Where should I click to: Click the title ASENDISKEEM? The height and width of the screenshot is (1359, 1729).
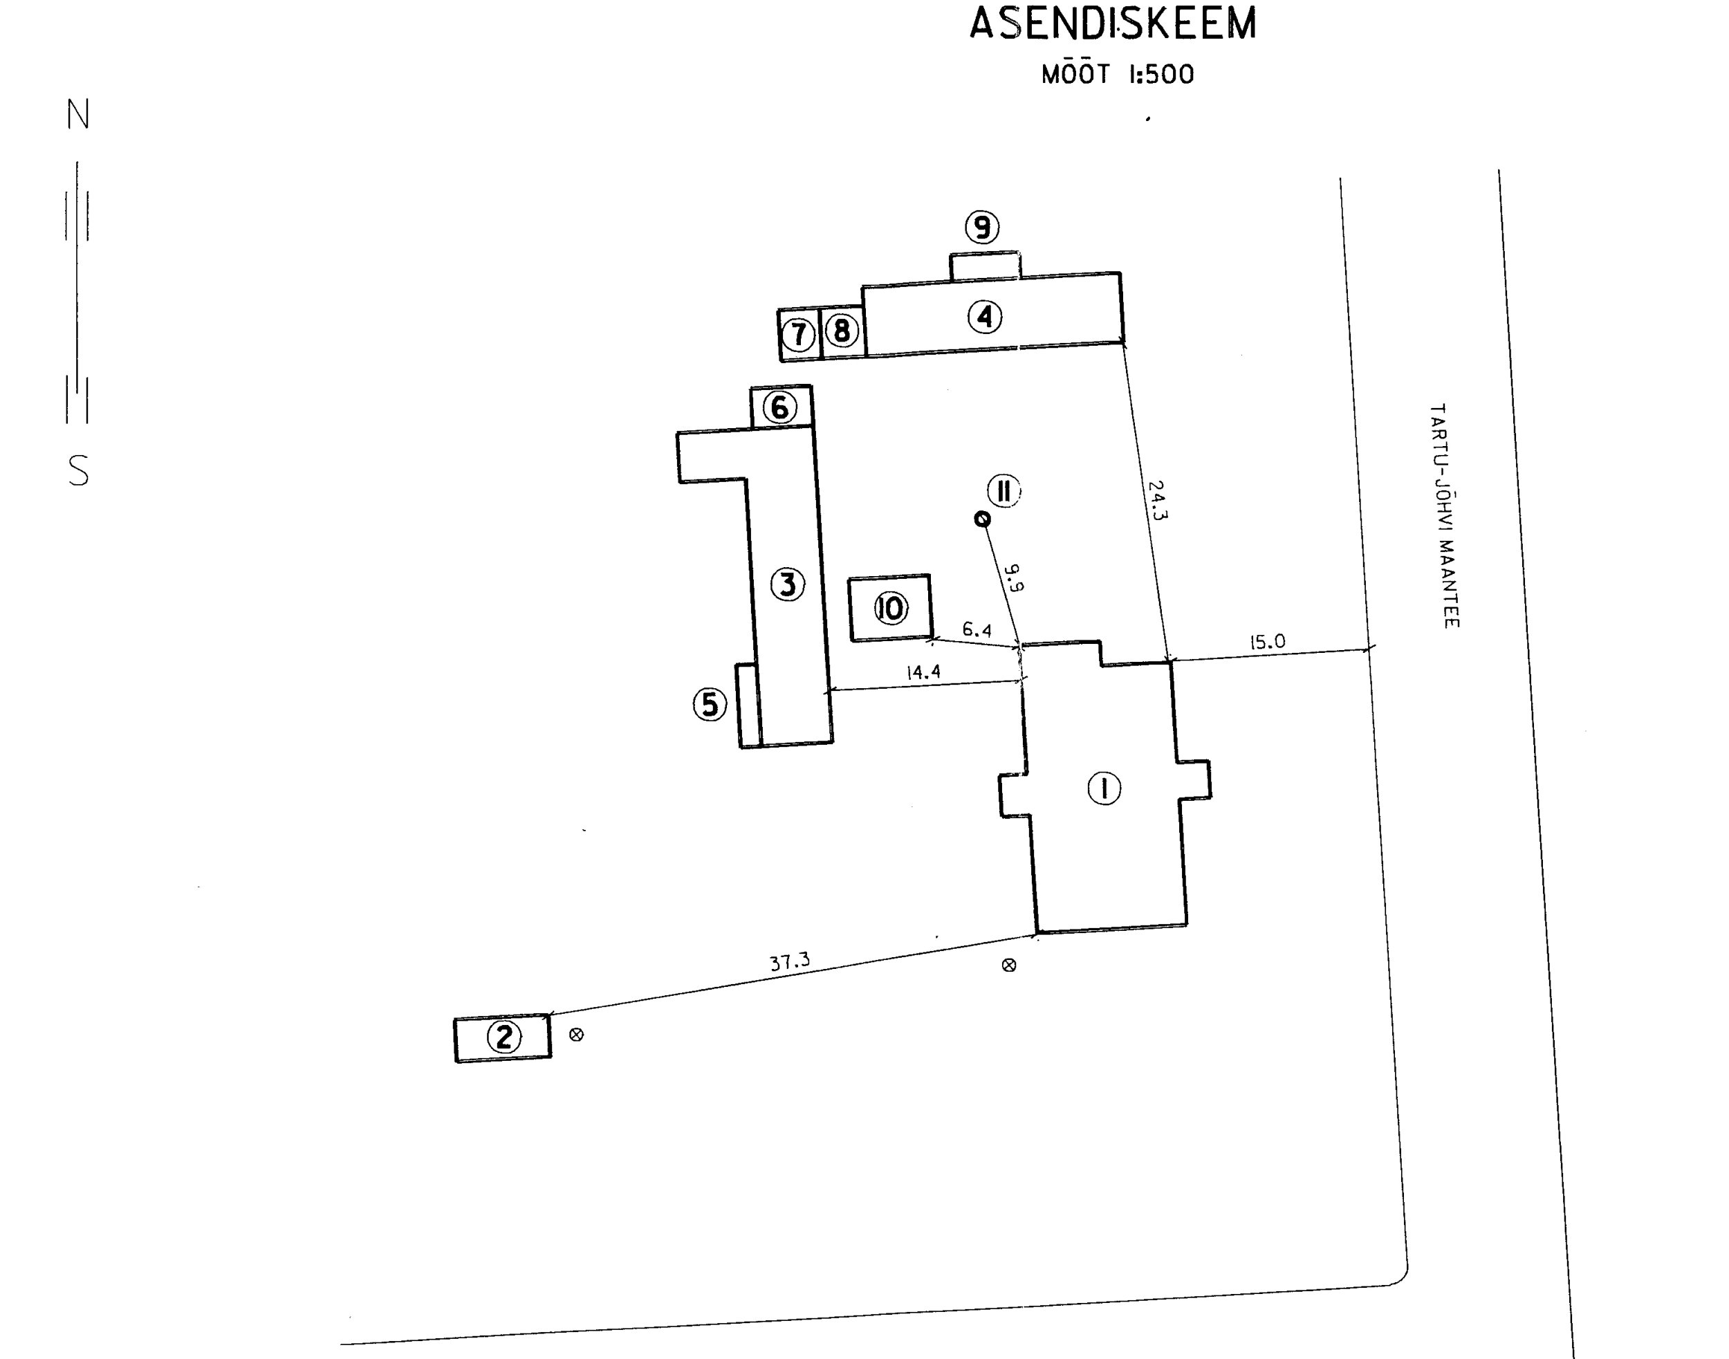(x=1112, y=24)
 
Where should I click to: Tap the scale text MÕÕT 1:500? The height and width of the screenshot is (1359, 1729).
(x=1117, y=75)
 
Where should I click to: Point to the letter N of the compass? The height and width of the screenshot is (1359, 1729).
(x=78, y=115)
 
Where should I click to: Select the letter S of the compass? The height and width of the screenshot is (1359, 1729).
(x=78, y=471)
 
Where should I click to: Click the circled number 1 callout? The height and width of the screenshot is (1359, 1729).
(x=1104, y=788)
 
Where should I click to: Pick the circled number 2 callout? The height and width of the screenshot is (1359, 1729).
(x=503, y=1037)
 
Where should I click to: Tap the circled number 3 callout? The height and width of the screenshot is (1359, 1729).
(x=788, y=585)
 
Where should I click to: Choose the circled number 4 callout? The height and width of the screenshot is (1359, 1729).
(x=985, y=317)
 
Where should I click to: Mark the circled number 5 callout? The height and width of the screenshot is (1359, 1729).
(x=710, y=704)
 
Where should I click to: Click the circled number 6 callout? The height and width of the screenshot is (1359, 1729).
(x=779, y=407)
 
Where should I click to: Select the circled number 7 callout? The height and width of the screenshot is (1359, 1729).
(x=799, y=334)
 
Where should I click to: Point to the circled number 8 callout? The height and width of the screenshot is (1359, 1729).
(x=842, y=330)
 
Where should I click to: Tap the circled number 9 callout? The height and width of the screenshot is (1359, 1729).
(x=983, y=228)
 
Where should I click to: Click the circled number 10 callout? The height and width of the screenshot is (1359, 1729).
(x=890, y=609)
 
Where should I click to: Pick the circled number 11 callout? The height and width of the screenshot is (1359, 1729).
(x=1004, y=491)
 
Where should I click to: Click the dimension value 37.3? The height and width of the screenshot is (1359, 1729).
(x=789, y=962)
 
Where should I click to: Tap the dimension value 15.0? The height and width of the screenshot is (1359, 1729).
(x=1267, y=641)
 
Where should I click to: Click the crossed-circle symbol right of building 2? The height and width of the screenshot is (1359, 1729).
(x=577, y=1035)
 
